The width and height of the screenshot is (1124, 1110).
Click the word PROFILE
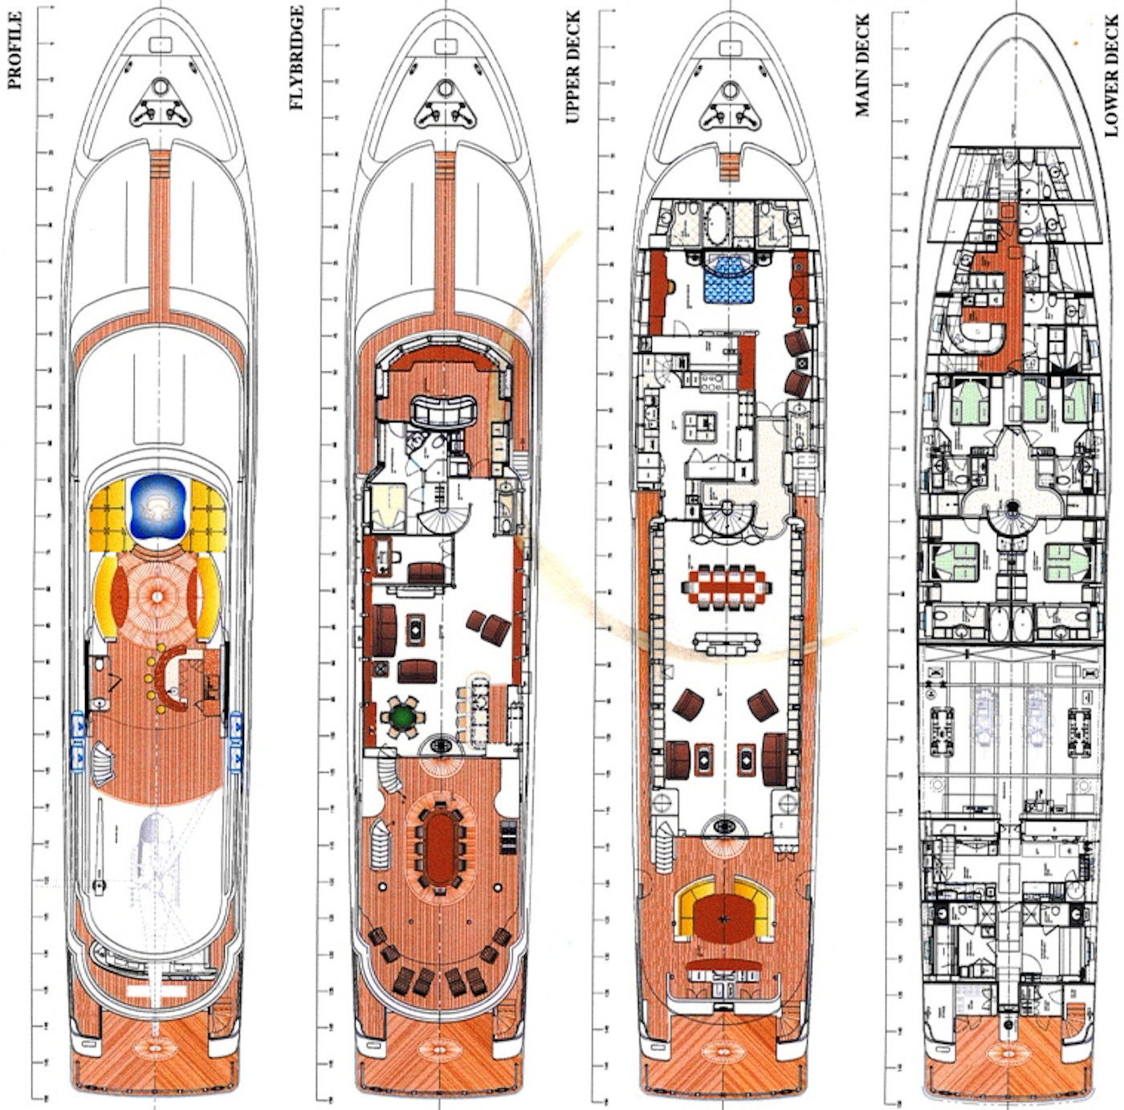(14, 50)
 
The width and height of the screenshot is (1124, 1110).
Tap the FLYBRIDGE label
(296, 57)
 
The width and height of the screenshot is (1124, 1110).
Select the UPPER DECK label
(572, 67)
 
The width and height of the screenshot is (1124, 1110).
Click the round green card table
(403, 716)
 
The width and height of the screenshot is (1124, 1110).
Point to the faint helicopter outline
(157, 853)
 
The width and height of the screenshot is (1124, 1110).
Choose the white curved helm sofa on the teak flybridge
(444, 410)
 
